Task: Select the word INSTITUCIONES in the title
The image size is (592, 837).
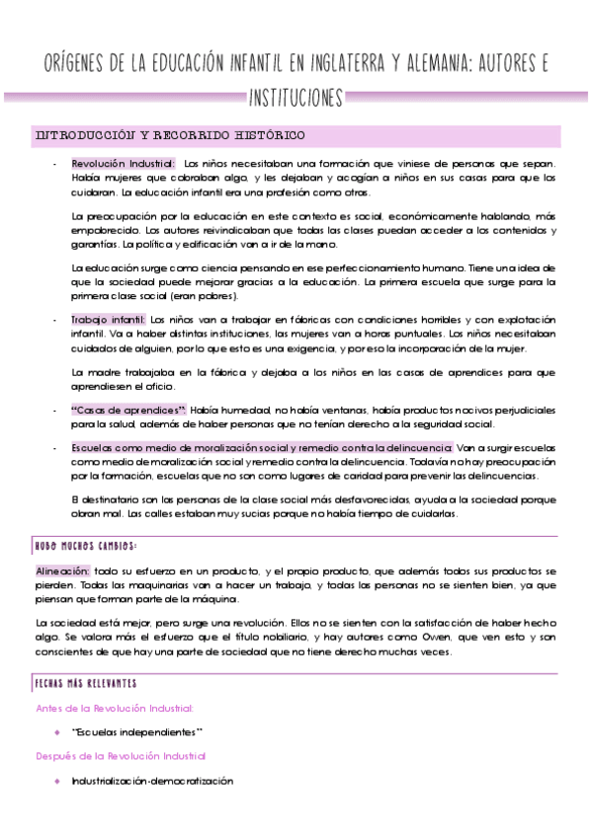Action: coord(296,98)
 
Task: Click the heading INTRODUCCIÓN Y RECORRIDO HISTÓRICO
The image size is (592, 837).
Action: coord(169,134)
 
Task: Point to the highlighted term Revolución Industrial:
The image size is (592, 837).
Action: coord(124,163)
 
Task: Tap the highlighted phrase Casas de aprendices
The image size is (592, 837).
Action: coord(115,410)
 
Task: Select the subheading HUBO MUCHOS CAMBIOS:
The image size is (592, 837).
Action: coord(85,544)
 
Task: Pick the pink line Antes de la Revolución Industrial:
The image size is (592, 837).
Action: coord(115,708)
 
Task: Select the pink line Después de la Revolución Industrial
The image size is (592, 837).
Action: coord(121,755)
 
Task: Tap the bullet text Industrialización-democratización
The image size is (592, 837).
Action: coord(151,780)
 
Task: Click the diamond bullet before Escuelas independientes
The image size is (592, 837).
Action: coord(58,731)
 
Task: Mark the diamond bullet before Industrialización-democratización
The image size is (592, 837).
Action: coord(58,780)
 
